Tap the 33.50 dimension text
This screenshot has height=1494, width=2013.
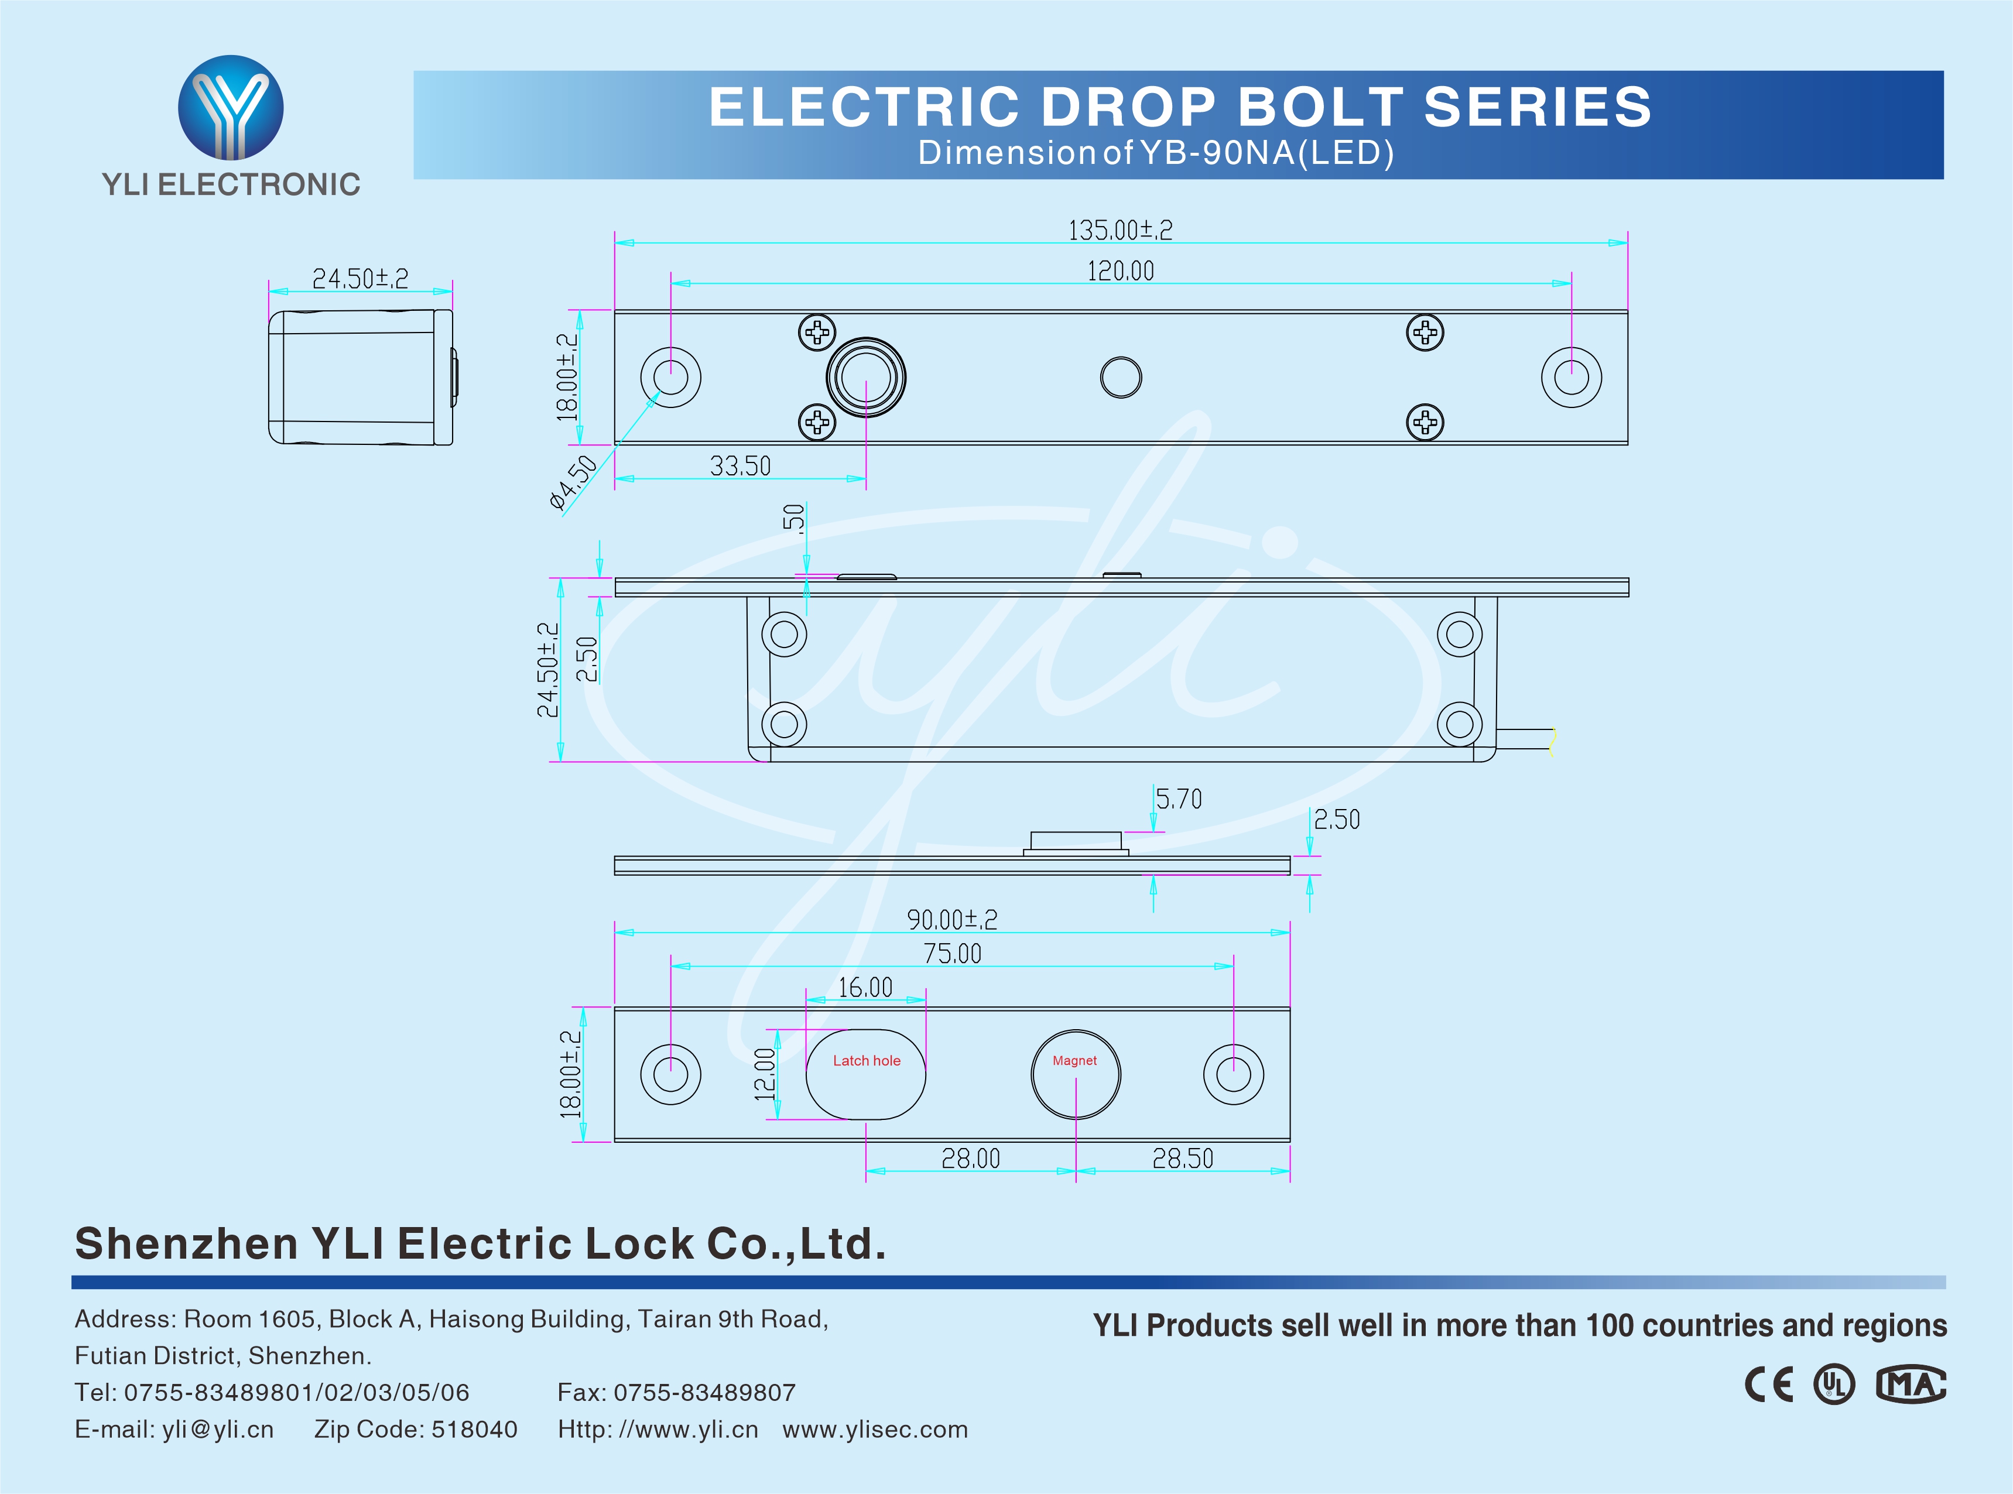740,466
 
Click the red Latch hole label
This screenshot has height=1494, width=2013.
867,1061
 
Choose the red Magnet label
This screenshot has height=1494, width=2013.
1074,1061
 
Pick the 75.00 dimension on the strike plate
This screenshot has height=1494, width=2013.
952,953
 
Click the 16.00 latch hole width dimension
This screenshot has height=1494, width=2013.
865,988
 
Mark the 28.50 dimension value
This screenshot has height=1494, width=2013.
1182,1159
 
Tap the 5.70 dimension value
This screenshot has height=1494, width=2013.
1179,799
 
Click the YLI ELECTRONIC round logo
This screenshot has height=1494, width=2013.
231,108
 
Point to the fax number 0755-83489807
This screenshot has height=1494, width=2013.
704,1393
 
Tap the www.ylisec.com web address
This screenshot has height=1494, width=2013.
875,1430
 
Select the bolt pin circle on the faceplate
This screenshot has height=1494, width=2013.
865,377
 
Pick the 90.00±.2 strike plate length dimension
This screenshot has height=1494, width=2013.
952,920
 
